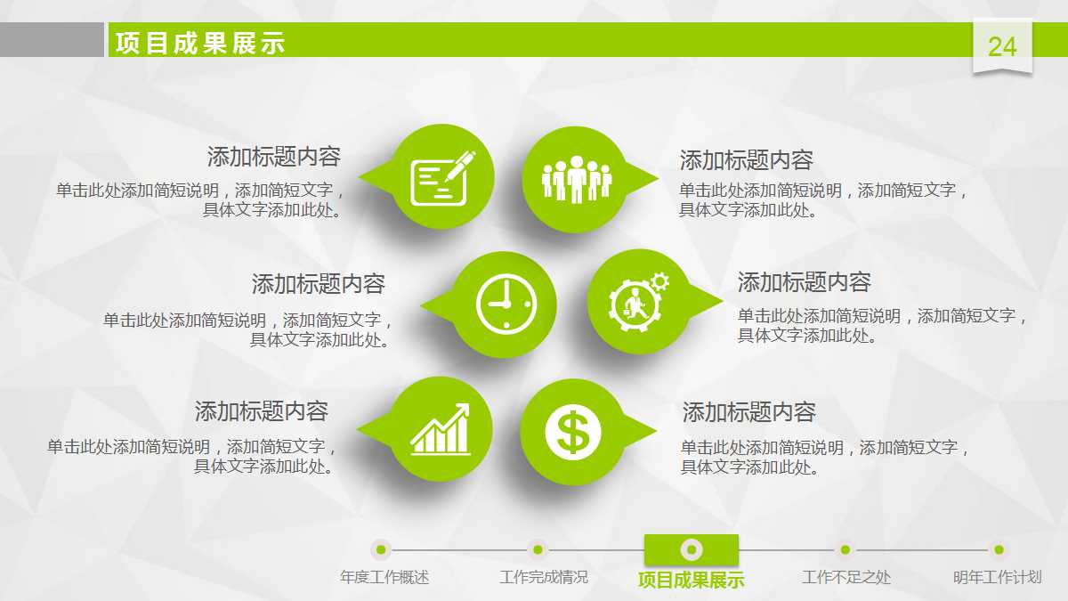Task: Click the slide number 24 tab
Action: [x=1002, y=46]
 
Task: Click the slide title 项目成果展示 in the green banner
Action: [x=200, y=43]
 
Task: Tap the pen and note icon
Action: [x=441, y=177]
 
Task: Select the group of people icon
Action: [x=576, y=179]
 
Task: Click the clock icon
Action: [x=506, y=305]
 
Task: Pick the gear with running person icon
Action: [x=637, y=302]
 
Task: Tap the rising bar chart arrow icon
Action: [x=440, y=429]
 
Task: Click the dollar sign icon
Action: [x=572, y=432]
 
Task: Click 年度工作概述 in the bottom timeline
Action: [x=384, y=577]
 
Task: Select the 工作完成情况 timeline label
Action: [x=544, y=577]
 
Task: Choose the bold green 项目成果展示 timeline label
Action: [x=691, y=580]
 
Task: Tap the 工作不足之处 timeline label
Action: [x=845, y=577]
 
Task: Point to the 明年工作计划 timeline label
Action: [x=997, y=577]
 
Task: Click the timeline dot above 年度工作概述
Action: [x=381, y=549]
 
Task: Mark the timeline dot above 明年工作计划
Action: [x=999, y=549]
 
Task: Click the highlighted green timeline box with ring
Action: [x=691, y=549]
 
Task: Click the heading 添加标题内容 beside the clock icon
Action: [x=318, y=284]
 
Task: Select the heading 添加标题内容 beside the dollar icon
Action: [x=748, y=412]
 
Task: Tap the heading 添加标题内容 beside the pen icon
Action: [x=273, y=158]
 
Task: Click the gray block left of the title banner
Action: [x=52, y=40]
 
